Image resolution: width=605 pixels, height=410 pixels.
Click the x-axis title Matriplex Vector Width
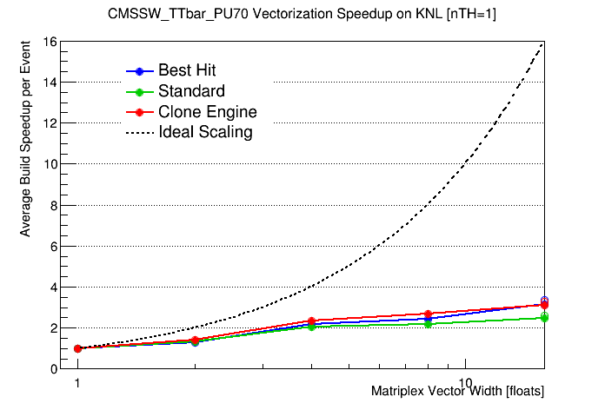tap(457, 392)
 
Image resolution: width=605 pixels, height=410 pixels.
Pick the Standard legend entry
tap(191, 91)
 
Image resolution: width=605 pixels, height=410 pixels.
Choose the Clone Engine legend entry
tap(207, 112)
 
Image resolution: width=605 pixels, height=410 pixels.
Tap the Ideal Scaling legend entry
tap(205, 133)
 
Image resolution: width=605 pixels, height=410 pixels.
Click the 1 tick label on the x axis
tap(77, 383)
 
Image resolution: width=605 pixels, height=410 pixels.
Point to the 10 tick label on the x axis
tap(465, 383)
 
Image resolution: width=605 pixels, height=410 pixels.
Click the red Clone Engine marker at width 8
tap(428, 314)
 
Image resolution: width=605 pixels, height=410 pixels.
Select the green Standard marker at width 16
tap(544, 318)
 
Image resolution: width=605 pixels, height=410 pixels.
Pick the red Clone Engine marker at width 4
tap(311, 321)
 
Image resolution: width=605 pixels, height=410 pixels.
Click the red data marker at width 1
tap(77, 348)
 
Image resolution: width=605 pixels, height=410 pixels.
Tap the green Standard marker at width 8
tap(428, 324)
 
